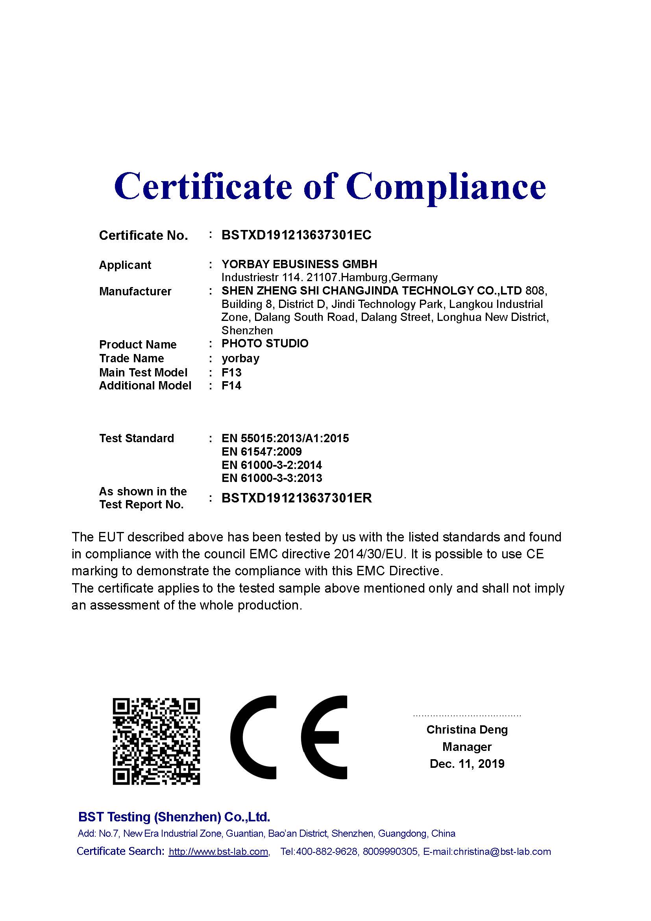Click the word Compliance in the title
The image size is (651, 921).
(446, 187)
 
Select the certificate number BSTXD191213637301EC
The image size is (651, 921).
(296, 235)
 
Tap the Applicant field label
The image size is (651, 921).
(125, 265)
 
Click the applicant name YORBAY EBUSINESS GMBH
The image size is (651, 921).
(300, 264)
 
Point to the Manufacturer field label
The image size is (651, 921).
(135, 291)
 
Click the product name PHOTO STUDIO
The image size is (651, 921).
(265, 343)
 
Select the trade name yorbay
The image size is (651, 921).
(240, 358)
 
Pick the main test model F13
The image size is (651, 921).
(232, 372)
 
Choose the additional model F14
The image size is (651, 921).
(232, 386)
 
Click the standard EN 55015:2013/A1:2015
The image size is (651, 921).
(285, 438)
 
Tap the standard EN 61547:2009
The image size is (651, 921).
(261, 452)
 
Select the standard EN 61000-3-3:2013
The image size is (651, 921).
(272, 478)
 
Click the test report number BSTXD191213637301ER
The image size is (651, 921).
(297, 498)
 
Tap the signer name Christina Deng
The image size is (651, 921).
(467, 730)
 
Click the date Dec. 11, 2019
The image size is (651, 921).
(467, 763)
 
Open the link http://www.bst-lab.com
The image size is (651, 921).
(218, 852)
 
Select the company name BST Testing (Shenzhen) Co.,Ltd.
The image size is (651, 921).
(174, 817)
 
